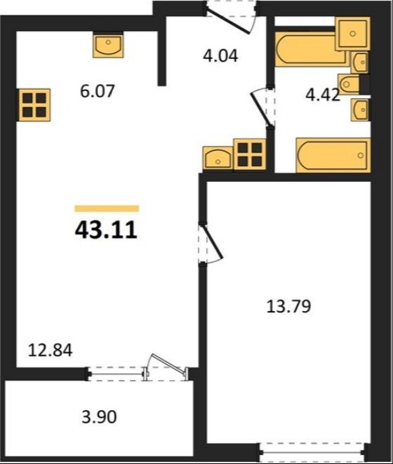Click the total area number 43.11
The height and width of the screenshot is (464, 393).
pos(106,230)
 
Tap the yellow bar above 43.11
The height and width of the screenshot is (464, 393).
pos(107,208)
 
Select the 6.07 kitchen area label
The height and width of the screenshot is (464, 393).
pos(97,91)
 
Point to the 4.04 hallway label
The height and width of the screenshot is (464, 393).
pos(220,55)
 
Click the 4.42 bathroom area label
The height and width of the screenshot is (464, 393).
pos(323,95)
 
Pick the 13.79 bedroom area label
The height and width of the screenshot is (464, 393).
pos(289,306)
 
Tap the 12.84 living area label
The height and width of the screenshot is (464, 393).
pos(50,350)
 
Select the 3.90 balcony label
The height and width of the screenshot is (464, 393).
pos(99,417)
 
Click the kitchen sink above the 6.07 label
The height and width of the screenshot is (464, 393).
pos(108,46)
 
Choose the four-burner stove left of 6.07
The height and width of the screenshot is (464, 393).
pos(34,105)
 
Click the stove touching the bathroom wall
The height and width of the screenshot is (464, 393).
pos(250,154)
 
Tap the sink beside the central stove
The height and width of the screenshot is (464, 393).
pos(218,159)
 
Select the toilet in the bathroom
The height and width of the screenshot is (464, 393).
pos(349,84)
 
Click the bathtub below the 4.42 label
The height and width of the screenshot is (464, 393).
pos(333,155)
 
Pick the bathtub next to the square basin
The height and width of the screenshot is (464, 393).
pos(311,49)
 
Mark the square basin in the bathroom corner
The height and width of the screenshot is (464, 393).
pos(352,34)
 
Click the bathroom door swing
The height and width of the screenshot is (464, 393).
pos(262,107)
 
